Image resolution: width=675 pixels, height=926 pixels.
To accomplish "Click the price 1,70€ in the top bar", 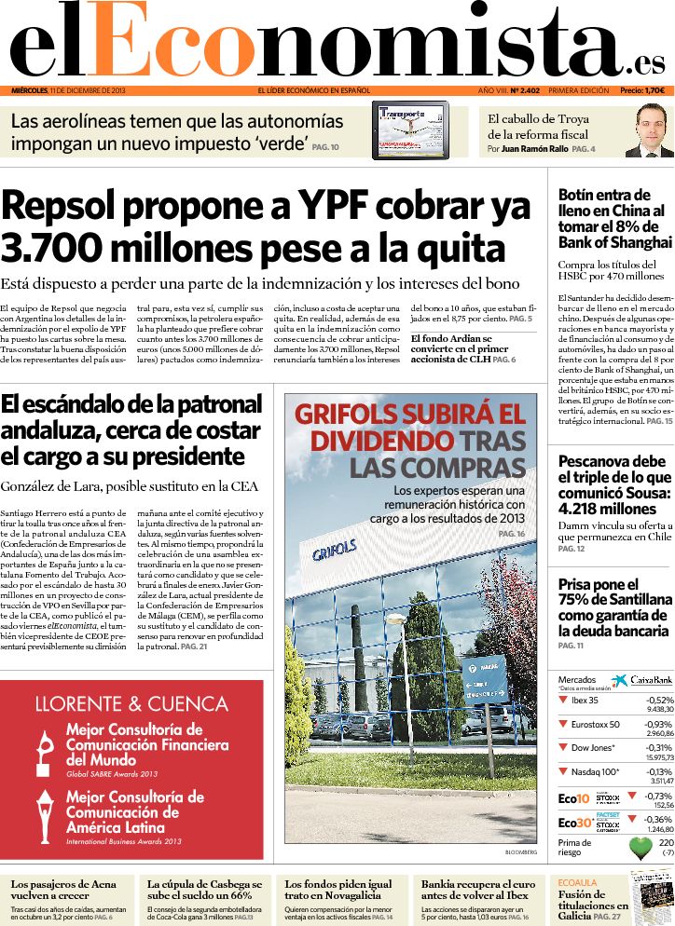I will click(654, 90).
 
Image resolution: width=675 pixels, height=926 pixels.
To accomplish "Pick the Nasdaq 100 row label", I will click(595, 771).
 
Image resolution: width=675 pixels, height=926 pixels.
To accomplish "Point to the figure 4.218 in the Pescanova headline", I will click(582, 509).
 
